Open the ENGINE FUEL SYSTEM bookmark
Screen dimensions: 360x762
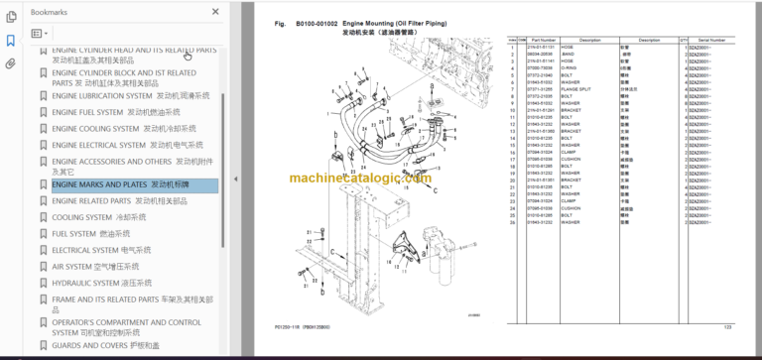point(124,112)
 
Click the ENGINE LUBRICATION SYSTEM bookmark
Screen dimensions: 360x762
point(130,96)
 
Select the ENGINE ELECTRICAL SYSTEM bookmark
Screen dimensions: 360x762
point(130,145)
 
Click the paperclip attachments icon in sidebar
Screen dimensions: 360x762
point(11,63)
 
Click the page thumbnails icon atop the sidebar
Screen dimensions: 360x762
point(11,16)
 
